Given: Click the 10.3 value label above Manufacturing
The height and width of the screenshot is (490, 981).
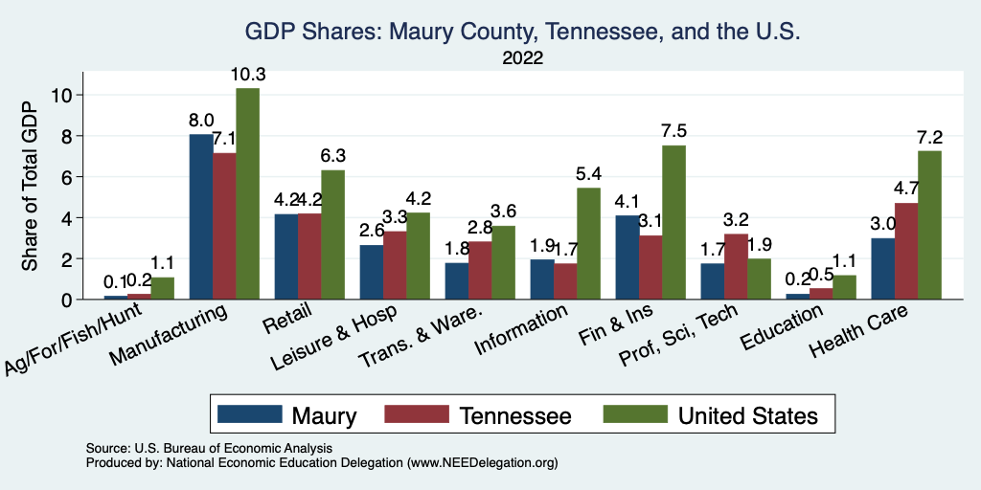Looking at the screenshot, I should coord(247,75).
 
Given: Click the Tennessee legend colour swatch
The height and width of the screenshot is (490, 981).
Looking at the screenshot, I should coord(417,414).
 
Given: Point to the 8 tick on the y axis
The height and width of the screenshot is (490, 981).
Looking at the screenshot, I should coord(65,136).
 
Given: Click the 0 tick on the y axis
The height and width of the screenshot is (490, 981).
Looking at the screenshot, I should coord(65,300).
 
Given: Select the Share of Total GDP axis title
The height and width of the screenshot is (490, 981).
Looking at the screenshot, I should coord(32,187).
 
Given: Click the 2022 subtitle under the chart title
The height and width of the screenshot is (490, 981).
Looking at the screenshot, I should coord(522,58).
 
